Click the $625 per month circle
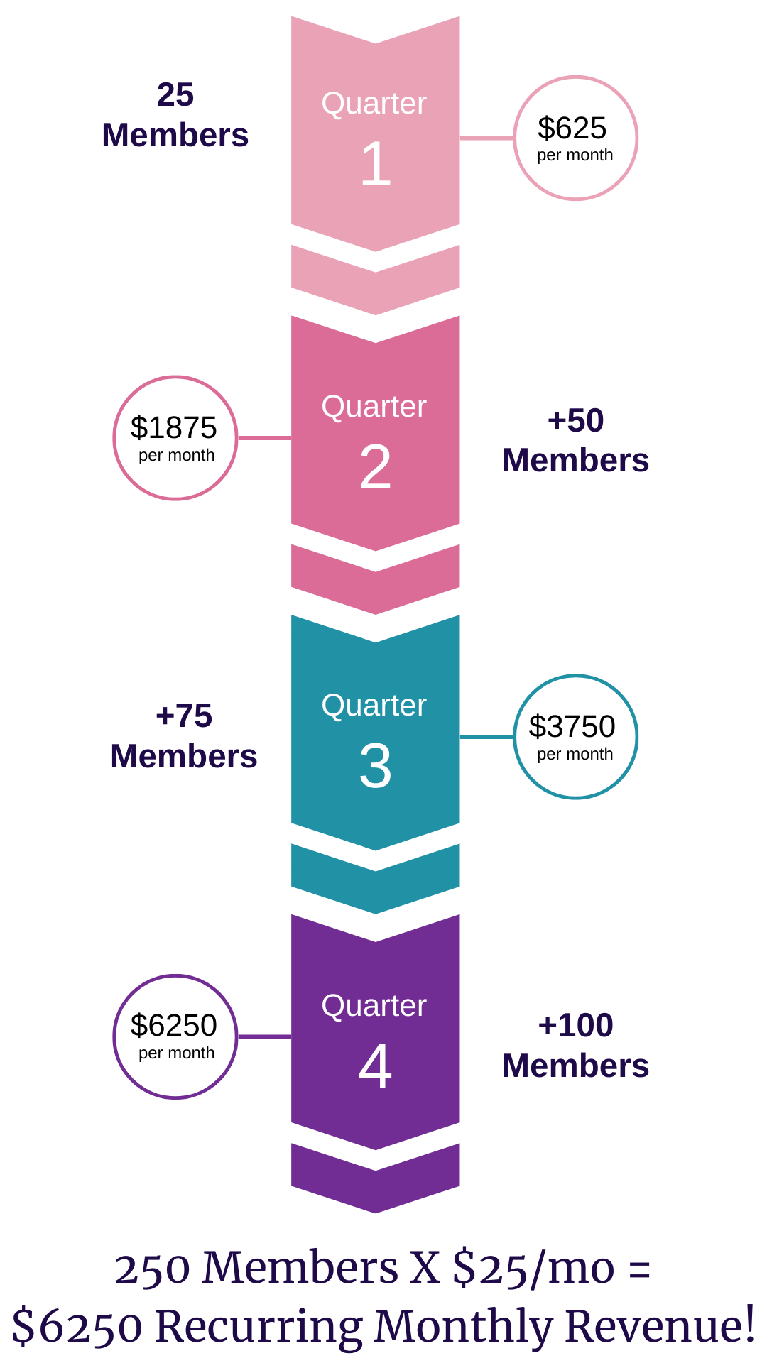point(575,138)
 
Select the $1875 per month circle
point(175,438)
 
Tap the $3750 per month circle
point(575,737)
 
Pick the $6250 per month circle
point(175,1036)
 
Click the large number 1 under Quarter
point(376,164)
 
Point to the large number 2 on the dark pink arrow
point(376,467)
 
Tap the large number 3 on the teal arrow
point(376,767)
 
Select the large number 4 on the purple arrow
point(376,1066)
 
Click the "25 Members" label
point(175,115)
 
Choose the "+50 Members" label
point(576,440)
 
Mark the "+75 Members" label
point(184,736)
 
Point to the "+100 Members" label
point(576,1046)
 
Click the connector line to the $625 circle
point(486,138)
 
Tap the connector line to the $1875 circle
point(264,438)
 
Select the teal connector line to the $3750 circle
point(486,737)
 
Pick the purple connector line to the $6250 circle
point(264,1036)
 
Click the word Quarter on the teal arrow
point(374,706)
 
